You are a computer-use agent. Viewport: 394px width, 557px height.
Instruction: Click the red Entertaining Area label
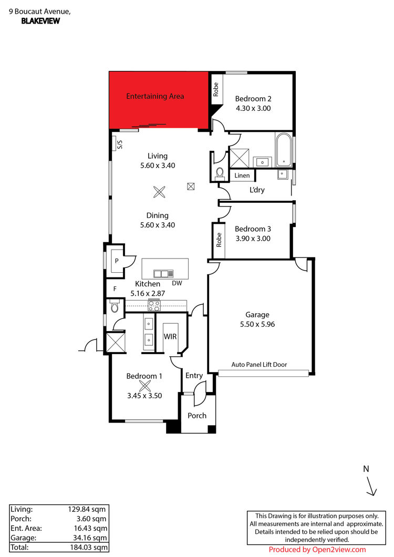pyautogui.click(x=155, y=96)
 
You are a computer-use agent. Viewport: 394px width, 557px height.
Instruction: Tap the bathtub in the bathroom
pyautogui.click(x=284, y=150)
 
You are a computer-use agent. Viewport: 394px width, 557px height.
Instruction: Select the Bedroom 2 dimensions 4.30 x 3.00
pyautogui.click(x=253, y=108)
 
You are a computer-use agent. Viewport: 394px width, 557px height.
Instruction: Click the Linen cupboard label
pyautogui.click(x=242, y=176)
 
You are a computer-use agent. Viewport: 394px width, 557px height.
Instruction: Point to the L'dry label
pyautogui.click(x=257, y=190)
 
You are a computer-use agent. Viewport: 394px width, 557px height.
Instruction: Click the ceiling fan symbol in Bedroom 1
pyautogui.click(x=144, y=386)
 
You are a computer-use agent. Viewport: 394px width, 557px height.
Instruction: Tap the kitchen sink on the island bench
pyautogui.click(x=163, y=274)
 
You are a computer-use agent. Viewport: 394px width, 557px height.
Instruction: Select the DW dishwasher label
pyautogui.click(x=177, y=283)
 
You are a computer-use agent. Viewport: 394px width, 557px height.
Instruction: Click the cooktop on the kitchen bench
pyautogui.click(x=154, y=305)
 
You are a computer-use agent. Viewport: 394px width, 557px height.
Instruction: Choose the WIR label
pyautogui.click(x=170, y=336)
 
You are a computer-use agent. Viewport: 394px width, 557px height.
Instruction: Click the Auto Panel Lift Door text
pyautogui.click(x=259, y=365)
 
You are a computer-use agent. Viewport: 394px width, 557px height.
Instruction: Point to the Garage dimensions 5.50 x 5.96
pyautogui.click(x=257, y=324)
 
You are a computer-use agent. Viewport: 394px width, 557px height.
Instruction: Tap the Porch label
pyautogui.click(x=197, y=416)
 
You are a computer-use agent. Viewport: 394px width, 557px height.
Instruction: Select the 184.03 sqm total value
pyautogui.click(x=89, y=548)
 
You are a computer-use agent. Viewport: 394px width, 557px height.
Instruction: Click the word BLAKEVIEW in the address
pyautogui.click(x=40, y=21)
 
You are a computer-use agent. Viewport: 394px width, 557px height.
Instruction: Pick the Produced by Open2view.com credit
pyautogui.click(x=317, y=550)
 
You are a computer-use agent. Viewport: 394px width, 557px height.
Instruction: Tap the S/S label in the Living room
pyautogui.click(x=120, y=144)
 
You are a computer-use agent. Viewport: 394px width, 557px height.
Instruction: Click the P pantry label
pyautogui.click(x=117, y=261)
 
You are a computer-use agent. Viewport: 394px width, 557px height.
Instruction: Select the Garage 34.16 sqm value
pyautogui.click(x=90, y=538)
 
